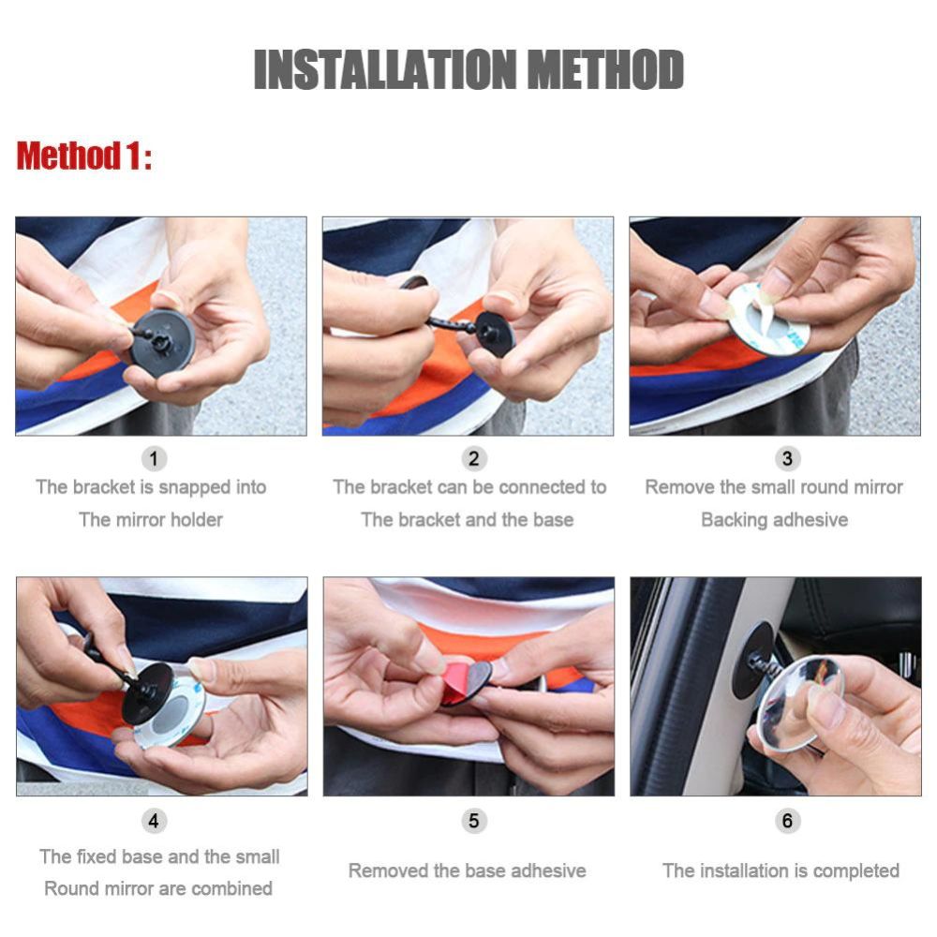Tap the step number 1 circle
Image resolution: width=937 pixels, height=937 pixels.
tap(155, 459)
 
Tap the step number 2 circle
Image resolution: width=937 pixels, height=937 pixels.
tap(473, 459)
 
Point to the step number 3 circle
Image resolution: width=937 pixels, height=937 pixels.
tap(787, 459)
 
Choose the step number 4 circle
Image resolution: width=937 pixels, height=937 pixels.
tap(155, 821)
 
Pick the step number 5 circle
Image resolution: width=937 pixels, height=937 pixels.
tap(473, 821)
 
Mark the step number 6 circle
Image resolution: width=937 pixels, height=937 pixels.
tap(787, 821)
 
